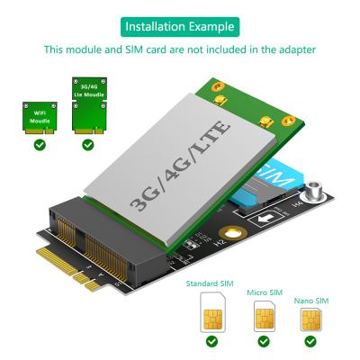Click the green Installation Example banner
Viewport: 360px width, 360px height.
(x=180, y=25)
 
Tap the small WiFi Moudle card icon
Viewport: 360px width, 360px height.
(x=39, y=116)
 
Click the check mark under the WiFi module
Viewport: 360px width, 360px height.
(x=39, y=144)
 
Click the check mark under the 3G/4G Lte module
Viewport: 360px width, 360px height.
(x=87, y=144)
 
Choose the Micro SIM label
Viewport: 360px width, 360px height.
(x=263, y=293)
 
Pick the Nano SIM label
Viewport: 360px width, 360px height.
(x=310, y=300)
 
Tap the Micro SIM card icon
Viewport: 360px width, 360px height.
(x=264, y=316)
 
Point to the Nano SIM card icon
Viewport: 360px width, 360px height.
(x=310, y=319)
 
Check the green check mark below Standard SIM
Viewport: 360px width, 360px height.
(x=212, y=342)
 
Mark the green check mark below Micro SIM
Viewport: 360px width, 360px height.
(x=264, y=342)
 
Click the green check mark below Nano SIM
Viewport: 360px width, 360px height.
(x=310, y=342)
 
